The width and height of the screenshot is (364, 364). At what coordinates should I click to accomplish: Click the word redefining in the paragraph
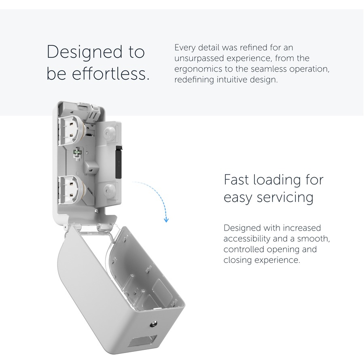click(194, 80)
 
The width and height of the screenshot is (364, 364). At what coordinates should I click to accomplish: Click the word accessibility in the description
click(247, 239)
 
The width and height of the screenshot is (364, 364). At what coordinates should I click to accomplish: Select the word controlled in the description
click(243, 249)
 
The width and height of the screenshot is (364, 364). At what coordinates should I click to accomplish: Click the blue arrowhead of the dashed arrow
click(166, 220)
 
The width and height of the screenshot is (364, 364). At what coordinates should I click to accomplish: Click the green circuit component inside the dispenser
click(77, 152)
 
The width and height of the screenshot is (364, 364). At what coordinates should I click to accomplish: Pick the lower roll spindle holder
click(72, 190)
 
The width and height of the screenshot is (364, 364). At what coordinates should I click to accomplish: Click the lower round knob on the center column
click(109, 191)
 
